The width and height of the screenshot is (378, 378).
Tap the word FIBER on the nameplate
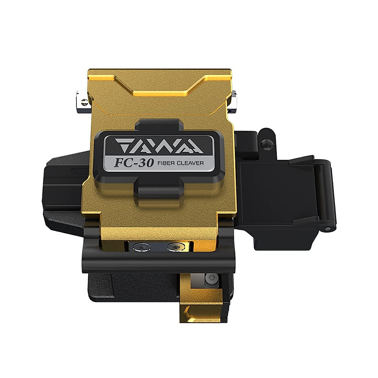[x=166, y=163]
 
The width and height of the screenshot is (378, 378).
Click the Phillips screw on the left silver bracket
[x=83, y=102]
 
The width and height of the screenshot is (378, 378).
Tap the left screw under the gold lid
[x=141, y=247]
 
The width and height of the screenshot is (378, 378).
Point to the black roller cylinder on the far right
[x=326, y=192]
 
